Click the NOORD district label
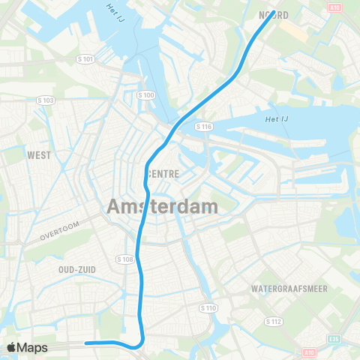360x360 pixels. (274, 14)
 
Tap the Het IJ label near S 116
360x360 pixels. (277, 118)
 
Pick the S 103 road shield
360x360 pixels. (45, 100)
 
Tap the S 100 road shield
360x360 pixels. (146, 94)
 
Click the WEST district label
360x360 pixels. (38, 156)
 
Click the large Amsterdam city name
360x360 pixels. (163, 205)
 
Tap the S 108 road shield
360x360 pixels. (125, 259)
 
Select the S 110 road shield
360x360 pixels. (208, 307)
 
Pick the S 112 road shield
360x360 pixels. (272, 321)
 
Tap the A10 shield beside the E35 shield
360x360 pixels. (310, 351)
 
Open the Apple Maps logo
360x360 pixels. (28, 347)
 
